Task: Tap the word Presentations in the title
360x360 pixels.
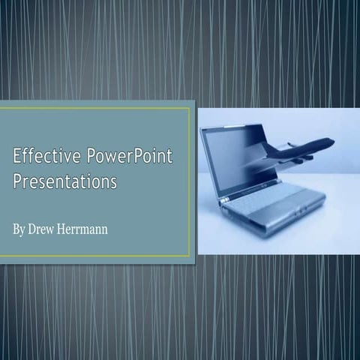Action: pos(64,181)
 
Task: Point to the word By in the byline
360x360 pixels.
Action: pos(20,228)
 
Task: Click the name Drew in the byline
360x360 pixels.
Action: pos(45,228)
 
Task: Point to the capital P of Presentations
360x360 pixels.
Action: pos(18,181)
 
